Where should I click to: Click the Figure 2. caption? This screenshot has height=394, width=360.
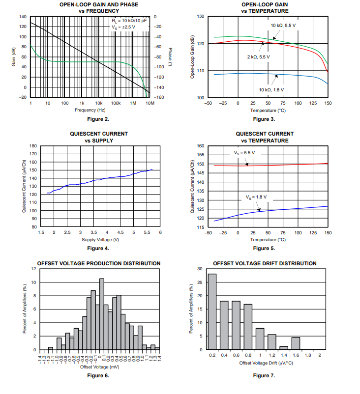tap(98, 119)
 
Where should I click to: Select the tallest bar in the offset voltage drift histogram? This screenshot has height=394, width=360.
tap(212, 311)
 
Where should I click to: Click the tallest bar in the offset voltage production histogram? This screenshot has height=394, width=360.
tap(102, 314)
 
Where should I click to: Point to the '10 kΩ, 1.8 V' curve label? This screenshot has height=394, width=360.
tap(271, 89)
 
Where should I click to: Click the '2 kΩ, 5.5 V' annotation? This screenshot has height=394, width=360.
tap(258, 56)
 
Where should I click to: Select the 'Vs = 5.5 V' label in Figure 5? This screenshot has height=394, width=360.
tap(244, 153)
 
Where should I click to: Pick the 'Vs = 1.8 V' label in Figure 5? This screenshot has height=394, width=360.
tap(256, 197)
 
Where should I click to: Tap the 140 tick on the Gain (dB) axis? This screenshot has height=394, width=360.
tap(23, 17)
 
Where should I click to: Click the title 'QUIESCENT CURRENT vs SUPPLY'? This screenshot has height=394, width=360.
tap(99, 137)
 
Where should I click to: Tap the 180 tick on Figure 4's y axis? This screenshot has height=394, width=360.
tap(33, 146)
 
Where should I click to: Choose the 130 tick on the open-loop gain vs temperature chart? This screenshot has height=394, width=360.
tap(200, 17)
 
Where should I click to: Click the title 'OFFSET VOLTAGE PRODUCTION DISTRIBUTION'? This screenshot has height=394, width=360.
tap(99, 263)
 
